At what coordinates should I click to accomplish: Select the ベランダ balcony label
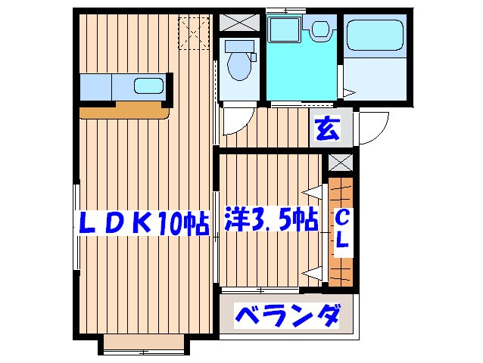coord(286,315)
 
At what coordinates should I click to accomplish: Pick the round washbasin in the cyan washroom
coord(319,29)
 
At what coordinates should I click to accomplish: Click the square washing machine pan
coord(286,31)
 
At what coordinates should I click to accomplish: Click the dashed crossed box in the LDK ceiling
coord(192,32)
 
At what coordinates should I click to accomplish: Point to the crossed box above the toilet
coord(239,22)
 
